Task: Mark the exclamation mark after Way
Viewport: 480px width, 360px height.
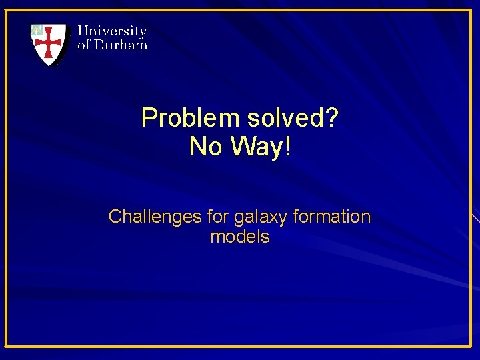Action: point(287,147)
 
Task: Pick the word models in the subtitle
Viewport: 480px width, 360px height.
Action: point(240,237)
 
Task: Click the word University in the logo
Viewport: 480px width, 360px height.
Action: point(112,31)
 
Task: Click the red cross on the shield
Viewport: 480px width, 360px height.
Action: point(49,44)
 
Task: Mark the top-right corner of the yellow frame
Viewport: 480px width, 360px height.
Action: point(471,10)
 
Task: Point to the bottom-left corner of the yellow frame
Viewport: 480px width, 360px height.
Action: point(7,346)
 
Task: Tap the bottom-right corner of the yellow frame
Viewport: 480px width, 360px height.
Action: point(471,346)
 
